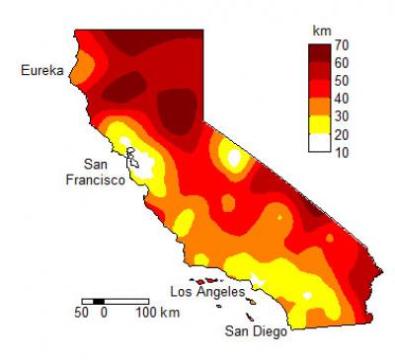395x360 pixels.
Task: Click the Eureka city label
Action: [x=42, y=71]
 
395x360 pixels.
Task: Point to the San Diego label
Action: [x=256, y=330]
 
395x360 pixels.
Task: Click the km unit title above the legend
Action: [x=321, y=31]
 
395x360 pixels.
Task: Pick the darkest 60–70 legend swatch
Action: [x=317, y=55]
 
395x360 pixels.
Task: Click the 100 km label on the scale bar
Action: [x=157, y=313]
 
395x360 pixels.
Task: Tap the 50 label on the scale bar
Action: [x=81, y=313]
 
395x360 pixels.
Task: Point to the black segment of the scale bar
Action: [x=94, y=300]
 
